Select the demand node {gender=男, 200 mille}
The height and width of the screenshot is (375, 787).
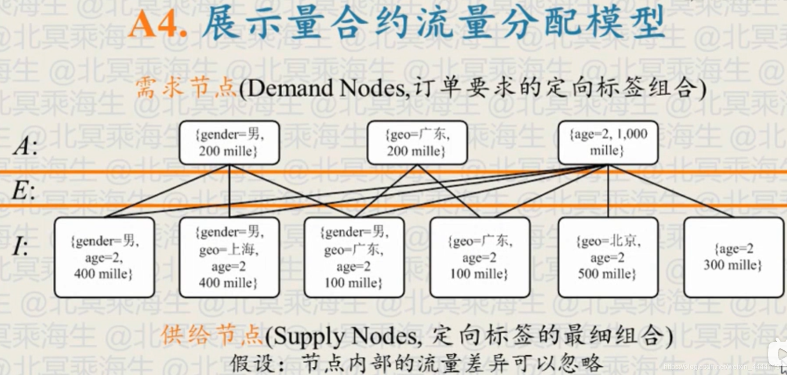[x=229, y=143]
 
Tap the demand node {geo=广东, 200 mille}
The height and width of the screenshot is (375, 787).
[x=417, y=143]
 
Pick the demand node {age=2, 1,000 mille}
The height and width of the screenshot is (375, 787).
[x=608, y=143]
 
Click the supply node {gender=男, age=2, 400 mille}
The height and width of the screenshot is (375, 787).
[x=104, y=257]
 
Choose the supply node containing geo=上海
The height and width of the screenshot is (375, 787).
[x=229, y=257]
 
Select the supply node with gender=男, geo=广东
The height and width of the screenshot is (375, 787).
[x=354, y=257]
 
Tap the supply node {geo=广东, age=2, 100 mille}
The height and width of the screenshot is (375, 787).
[x=480, y=257]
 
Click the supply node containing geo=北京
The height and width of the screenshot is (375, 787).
[x=608, y=257]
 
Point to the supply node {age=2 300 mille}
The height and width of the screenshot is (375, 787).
[x=733, y=257]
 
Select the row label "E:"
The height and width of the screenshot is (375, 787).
[x=23, y=191]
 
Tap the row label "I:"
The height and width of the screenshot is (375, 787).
[x=20, y=246]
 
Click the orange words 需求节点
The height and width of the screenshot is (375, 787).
[x=186, y=87]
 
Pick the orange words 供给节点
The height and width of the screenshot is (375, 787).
[x=211, y=335]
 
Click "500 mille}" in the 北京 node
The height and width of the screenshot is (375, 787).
[x=607, y=274]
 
